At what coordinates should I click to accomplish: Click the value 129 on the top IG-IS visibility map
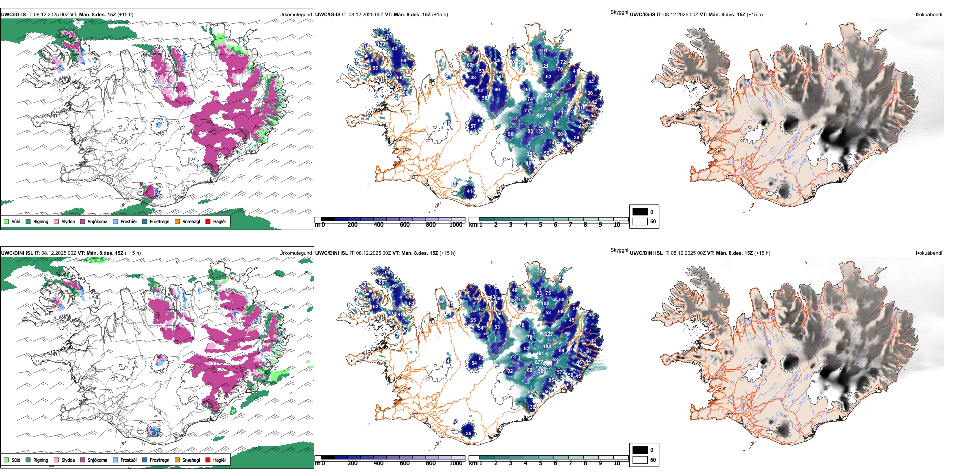point(381,44)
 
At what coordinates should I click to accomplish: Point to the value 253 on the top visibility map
point(547,108)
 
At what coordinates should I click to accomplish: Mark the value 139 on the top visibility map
point(539,131)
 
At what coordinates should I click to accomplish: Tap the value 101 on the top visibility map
point(543,51)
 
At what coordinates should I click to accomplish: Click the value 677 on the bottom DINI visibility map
point(539,362)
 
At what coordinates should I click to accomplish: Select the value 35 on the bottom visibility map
point(469,434)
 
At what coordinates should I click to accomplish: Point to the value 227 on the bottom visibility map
point(549,334)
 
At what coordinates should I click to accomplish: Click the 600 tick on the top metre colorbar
point(404,225)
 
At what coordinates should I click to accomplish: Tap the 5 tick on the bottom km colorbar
point(540,463)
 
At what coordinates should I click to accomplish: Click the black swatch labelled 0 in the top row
point(640,212)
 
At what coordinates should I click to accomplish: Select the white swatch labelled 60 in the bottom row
point(640,460)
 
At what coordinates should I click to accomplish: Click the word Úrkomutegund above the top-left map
point(295,15)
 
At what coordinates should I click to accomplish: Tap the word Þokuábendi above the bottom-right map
point(929,253)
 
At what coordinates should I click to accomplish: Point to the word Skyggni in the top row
point(619,12)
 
